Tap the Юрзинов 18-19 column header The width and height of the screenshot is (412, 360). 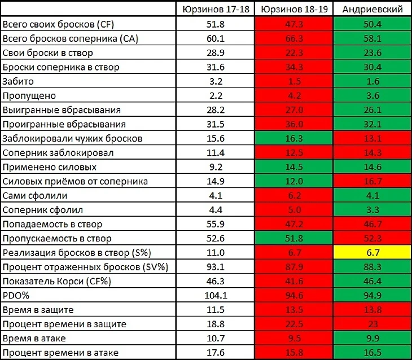(292, 10)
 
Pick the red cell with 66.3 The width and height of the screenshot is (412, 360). (292, 38)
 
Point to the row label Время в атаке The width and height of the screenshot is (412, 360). (34, 339)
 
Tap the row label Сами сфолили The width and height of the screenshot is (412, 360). (35, 196)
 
